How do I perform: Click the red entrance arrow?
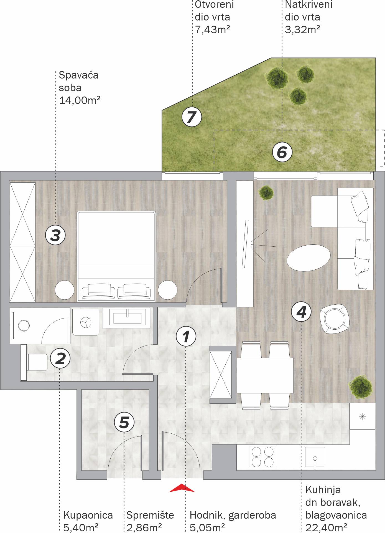[182, 488]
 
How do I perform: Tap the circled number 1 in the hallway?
[186, 336]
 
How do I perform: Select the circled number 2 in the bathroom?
[60, 358]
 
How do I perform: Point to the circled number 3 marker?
[55, 235]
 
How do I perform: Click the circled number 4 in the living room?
[301, 312]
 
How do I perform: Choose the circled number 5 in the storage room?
[124, 422]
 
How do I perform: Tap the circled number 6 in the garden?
[282, 152]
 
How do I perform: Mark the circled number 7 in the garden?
[192, 117]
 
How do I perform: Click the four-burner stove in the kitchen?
[263, 457]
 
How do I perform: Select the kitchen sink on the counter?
[315, 457]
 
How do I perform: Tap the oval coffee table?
[308, 258]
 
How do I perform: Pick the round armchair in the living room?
[334, 319]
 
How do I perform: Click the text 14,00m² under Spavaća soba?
[80, 100]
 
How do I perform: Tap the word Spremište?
[150, 515]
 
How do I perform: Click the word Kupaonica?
[88, 515]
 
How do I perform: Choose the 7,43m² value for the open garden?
[212, 29]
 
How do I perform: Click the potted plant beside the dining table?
[361, 387]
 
